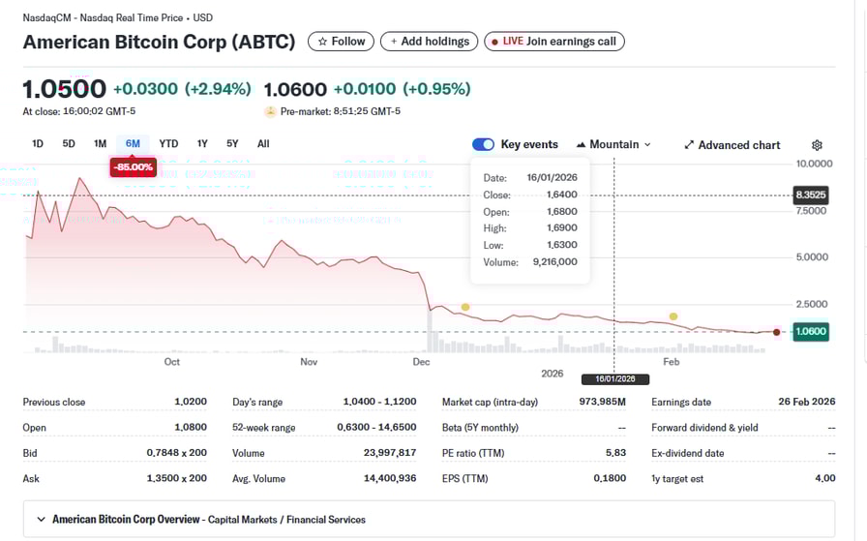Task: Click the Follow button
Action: click(341, 42)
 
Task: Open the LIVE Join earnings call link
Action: click(554, 42)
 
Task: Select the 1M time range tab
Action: click(100, 144)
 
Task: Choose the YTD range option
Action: click(168, 144)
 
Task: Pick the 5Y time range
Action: click(232, 144)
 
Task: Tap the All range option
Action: click(263, 144)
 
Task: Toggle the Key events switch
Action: click(483, 144)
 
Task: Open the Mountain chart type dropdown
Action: click(613, 144)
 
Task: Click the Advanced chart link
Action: click(732, 145)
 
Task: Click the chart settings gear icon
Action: click(817, 145)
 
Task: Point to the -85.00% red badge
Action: click(133, 166)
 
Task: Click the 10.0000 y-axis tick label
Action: click(813, 163)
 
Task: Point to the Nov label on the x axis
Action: click(309, 362)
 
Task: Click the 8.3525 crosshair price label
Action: click(811, 195)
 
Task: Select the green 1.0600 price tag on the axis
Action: click(811, 332)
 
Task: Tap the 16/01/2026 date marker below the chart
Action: click(614, 379)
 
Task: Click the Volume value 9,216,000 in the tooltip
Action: click(553, 261)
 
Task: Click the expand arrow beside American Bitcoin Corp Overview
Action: click(41, 520)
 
